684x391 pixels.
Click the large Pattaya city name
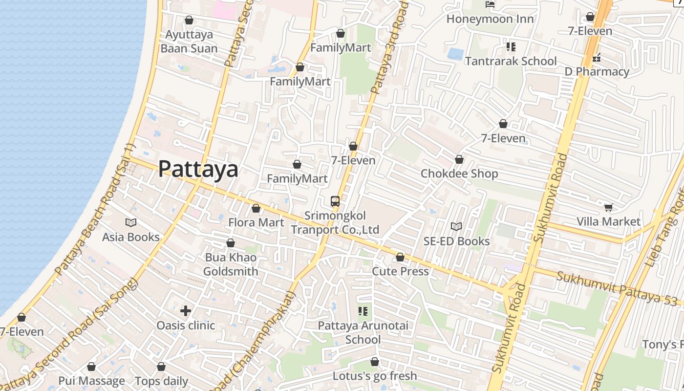click(x=198, y=169)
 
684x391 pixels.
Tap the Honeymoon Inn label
click(x=490, y=19)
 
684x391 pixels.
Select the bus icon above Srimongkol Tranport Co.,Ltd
click(x=335, y=201)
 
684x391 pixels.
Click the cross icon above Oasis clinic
click(x=186, y=310)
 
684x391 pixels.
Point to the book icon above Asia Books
click(x=131, y=223)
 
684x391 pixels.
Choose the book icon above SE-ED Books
click(x=456, y=227)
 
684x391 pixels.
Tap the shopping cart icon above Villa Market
click(x=608, y=208)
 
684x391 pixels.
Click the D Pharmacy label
click(x=597, y=72)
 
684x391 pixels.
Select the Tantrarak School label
click(x=511, y=61)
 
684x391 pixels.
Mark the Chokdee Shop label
click(x=459, y=174)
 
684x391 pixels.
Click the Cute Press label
click(x=400, y=271)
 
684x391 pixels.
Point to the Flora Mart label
click(x=256, y=222)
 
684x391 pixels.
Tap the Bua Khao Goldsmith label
click(x=231, y=264)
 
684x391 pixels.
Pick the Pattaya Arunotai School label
click(x=363, y=332)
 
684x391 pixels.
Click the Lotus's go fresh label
click(x=375, y=376)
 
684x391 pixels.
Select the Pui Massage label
click(x=91, y=381)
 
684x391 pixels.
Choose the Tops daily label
click(x=161, y=381)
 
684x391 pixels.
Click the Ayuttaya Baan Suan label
click(x=189, y=42)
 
